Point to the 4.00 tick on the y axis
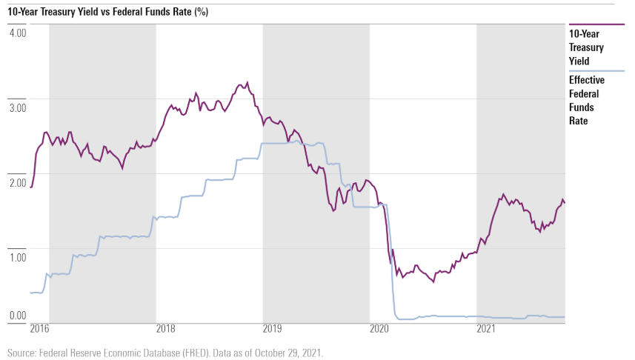(x=18, y=33)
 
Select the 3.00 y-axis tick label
(x=18, y=108)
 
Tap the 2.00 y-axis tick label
(x=18, y=183)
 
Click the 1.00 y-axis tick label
(x=18, y=257)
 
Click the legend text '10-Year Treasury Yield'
(x=586, y=47)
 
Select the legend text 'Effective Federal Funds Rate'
(x=587, y=100)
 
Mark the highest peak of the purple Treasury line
(x=247, y=82)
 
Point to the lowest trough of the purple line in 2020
(x=433, y=281)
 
